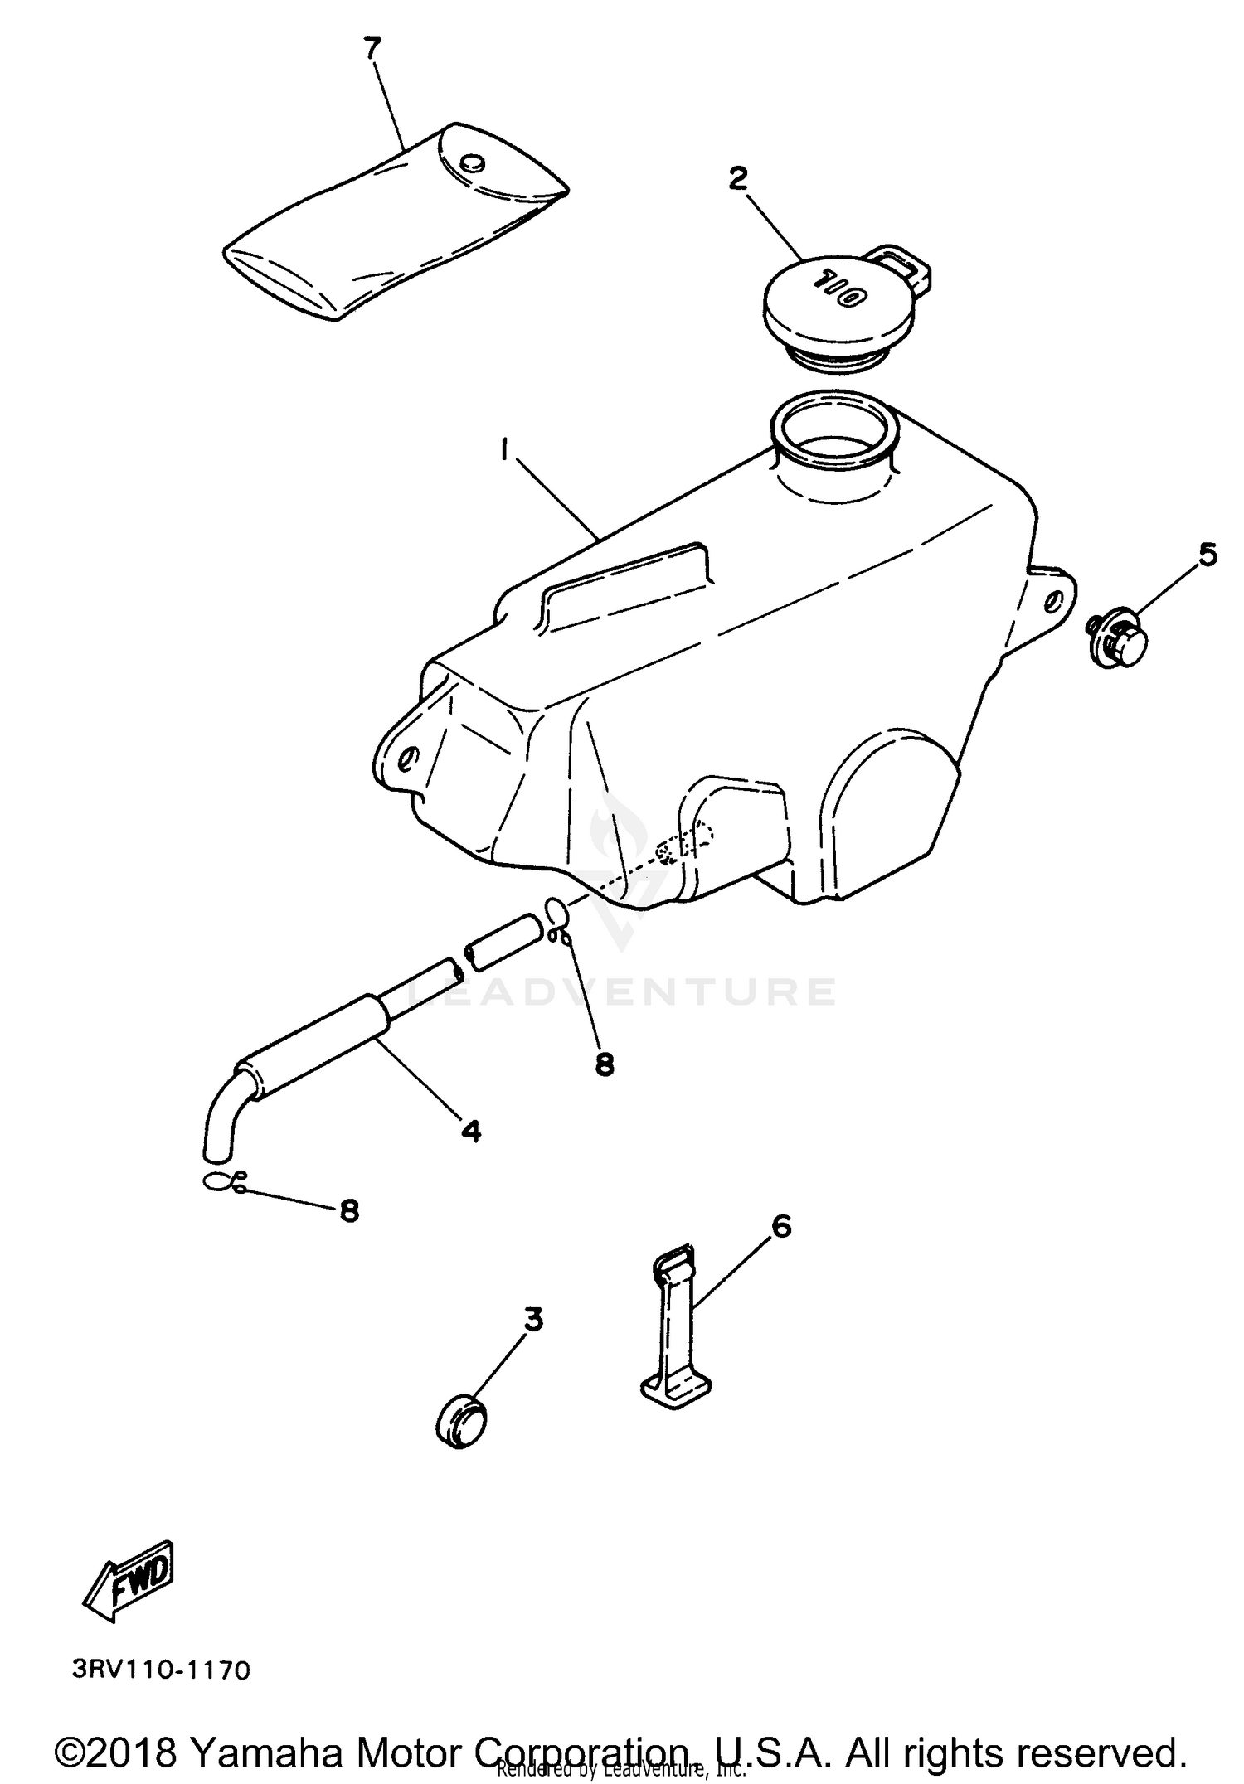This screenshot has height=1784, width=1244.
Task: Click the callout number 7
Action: pos(371,49)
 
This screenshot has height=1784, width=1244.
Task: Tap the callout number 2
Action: pos(737,178)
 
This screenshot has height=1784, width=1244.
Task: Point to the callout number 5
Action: pos(1208,555)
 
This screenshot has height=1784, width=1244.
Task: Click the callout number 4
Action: pos(470,1130)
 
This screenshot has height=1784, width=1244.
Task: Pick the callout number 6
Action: pos(780,1226)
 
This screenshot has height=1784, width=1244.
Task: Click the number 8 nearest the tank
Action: pos(605,1064)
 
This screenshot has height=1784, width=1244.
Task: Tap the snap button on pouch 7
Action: pos(474,162)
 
